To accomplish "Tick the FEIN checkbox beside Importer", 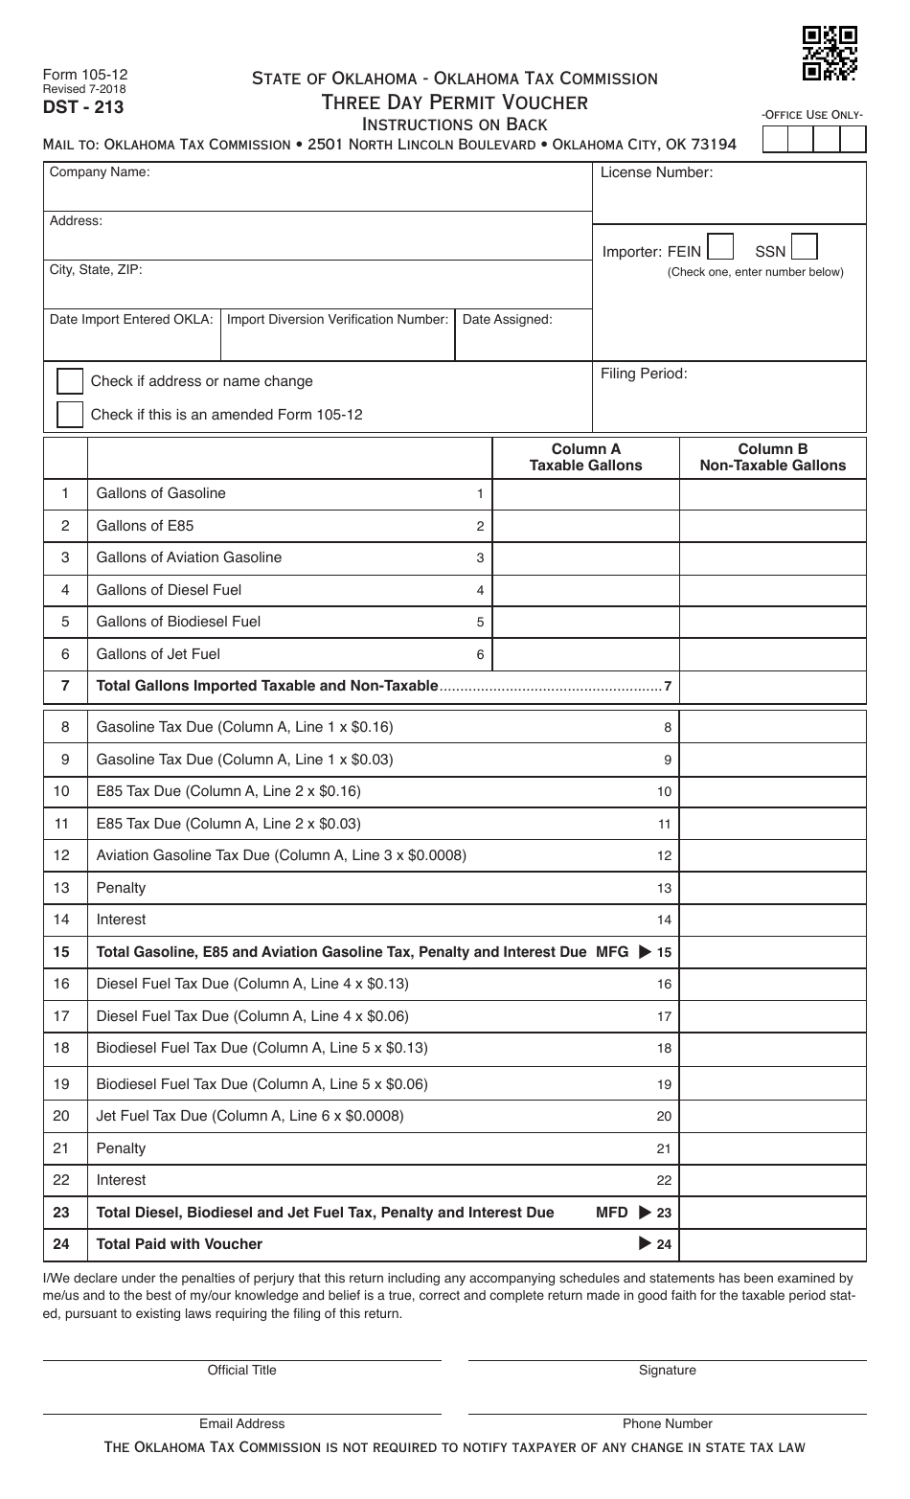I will pyautogui.click(x=720, y=247).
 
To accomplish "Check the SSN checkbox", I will pyautogui.click(x=805, y=247).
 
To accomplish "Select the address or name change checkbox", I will pyautogui.click(x=70, y=381).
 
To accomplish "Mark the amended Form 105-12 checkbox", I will pyautogui.click(x=70, y=415).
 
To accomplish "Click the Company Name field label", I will pyautogui.click(x=100, y=172).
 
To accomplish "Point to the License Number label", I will pyautogui.click(x=656, y=172).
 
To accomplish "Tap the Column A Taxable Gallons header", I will pyautogui.click(x=585, y=457).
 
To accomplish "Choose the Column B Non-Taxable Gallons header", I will pyautogui.click(x=772, y=457).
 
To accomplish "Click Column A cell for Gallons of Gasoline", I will pyautogui.click(x=585, y=494).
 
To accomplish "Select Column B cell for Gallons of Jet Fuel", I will pyautogui.click(x=772, y=655).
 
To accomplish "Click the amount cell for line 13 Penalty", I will pyautogui.click(x=772, y=888).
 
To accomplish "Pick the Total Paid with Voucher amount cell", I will pyautogui.click(x=772, y=1244).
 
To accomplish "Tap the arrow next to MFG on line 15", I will pyautogui.click(x=645, y=952).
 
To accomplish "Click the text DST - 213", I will pyautogui.click(x=82, y=107).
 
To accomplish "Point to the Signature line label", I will pyautogui.click(x=667, y=1370).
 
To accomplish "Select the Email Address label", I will pyautogui.click(x=241, y=1423).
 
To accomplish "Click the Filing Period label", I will pyautogui.click(x=644, y=374).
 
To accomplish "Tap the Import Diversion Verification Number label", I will pyautogui.click(x=337, y=319).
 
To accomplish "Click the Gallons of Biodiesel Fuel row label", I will pyautogui.click(x=178, y=622).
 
